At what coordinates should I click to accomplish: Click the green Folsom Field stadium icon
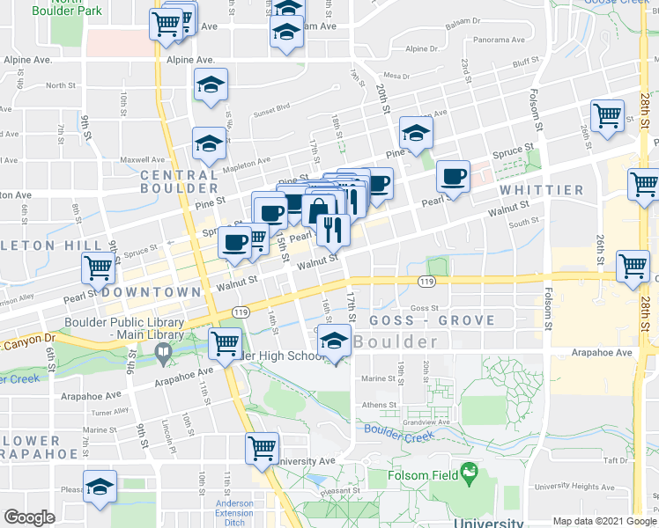pyautogui.click(x=469, y=473)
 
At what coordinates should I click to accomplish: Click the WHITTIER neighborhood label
pyautogui.click(x=540, y=190)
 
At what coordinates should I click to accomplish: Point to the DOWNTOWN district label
pyautogui.click(x=151, y=291)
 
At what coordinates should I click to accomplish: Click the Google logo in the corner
pyautogui.click(x=29, y=517)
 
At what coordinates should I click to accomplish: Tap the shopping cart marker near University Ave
pyautogui.click(x=263, y=449)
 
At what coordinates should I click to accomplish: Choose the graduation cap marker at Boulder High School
pyautogui.click(x=335, y=342)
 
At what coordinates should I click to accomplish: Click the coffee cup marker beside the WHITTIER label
pyautogui.click(x=453, y=177)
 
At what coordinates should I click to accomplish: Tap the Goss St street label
pyautogui.click(x=424, y=308)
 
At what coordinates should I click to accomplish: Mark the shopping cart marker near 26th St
pyautogui.click(x=607, y=115)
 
